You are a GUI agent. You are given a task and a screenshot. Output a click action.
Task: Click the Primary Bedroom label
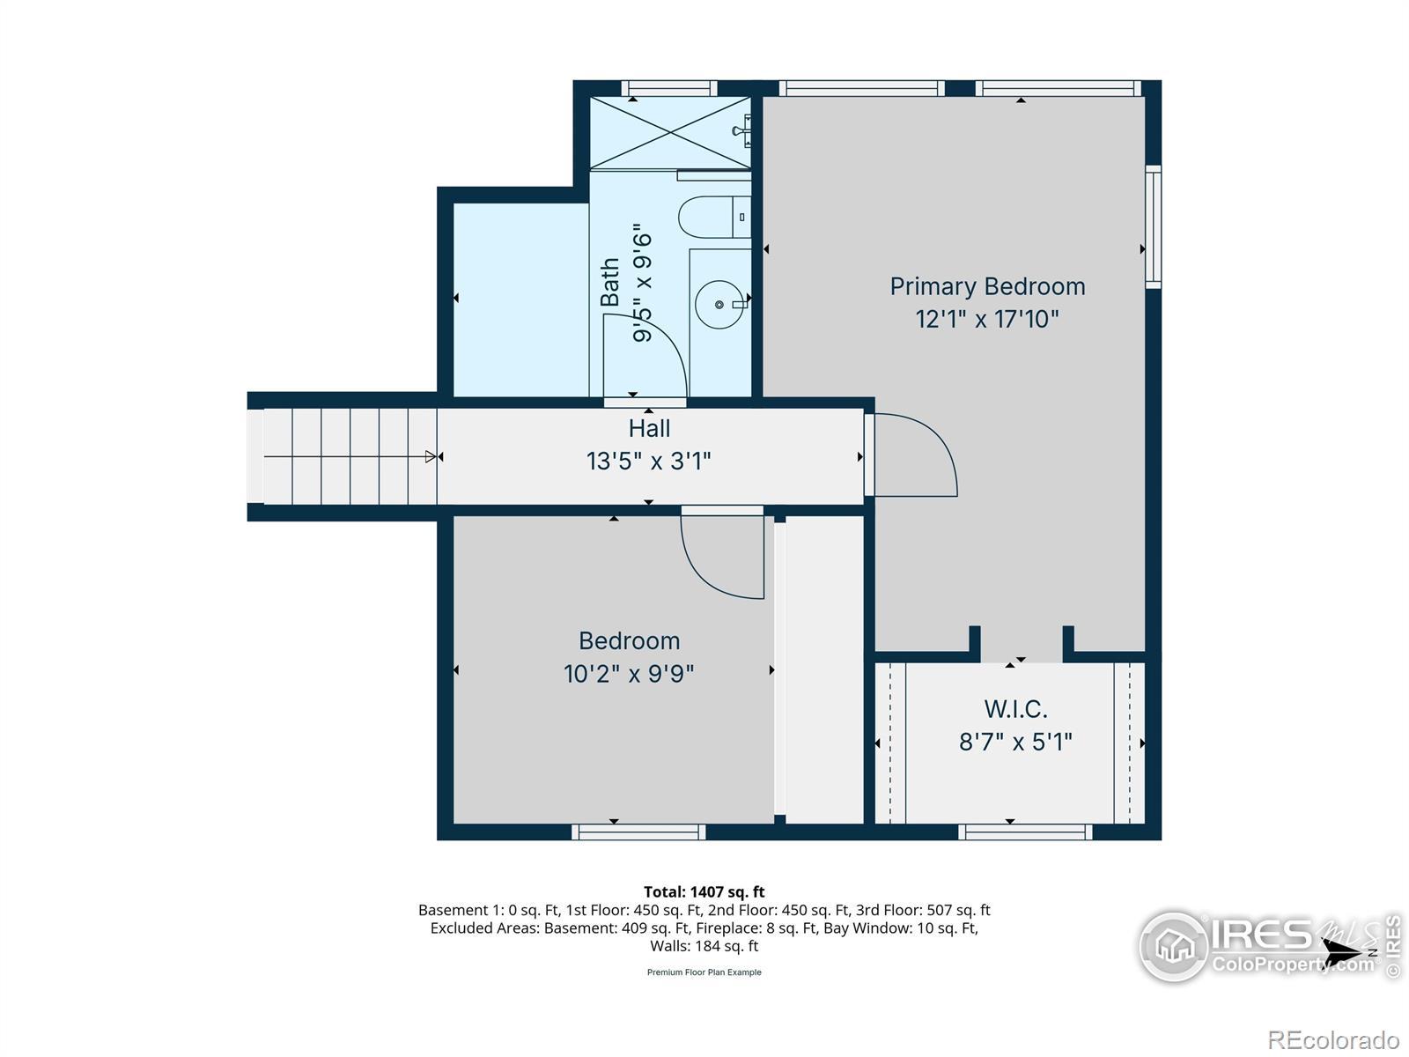coord(986,287)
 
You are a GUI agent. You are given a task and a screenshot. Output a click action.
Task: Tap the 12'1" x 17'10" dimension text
coord(986,319)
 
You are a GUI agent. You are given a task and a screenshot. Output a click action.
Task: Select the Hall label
coord(649,428)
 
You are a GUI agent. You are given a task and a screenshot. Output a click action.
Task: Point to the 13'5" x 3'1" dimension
coord(648,461)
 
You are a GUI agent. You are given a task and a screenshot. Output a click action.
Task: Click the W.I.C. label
coord(1015,709)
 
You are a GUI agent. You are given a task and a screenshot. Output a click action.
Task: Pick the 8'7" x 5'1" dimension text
coord(1015,742)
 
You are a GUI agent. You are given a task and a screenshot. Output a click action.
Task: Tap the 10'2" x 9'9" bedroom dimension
coord(629,673)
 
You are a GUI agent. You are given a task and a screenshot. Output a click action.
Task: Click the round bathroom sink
coord(719,304)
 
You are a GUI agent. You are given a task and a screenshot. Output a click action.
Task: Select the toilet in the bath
coord(714,217)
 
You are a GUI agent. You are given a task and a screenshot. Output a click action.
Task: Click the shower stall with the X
coord(669,133)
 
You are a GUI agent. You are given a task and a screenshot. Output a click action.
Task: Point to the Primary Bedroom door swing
coord(914,455)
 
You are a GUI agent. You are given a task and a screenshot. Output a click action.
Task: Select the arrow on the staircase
coord(350,456)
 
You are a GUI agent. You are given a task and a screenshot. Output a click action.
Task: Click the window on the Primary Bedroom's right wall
coord(1153,226)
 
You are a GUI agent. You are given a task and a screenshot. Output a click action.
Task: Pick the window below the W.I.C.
coord(1025,832)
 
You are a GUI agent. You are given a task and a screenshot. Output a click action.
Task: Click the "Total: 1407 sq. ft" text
coord(704,891)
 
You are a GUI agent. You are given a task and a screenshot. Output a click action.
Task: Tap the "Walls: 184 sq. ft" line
coord(704,946)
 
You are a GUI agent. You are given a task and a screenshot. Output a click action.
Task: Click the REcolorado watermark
coord(1333,1039)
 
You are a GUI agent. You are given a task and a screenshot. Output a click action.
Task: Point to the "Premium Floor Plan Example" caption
coord(704,972)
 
